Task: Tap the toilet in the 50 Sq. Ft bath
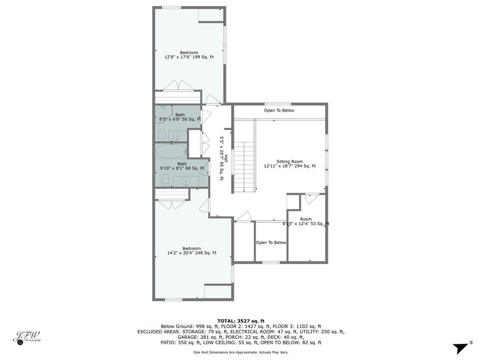coord(162,134)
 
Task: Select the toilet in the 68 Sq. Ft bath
coord(165,180)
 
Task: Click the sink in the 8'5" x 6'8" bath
coord(177,136)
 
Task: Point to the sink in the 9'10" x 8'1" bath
coord(185,181)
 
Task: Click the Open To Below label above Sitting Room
coord(279,111)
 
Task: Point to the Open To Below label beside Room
coord(271,242)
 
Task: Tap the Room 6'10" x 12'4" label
coord(306,221)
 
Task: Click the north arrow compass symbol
coord(460,348)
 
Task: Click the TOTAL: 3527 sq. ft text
coord(241,321)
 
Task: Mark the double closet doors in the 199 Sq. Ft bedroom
coord(178,85)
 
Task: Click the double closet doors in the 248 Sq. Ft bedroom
coord(172,205)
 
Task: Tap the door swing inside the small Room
coord(312,199)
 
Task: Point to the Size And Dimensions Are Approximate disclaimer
coord(241,352)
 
